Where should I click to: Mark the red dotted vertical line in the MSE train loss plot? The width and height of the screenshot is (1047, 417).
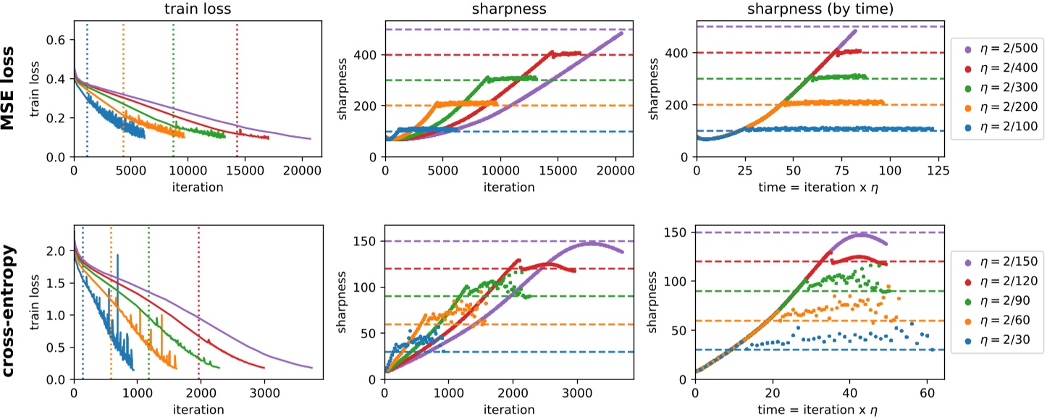coord(237,87)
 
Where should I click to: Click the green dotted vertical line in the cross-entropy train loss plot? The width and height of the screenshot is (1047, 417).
coord(148,304)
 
